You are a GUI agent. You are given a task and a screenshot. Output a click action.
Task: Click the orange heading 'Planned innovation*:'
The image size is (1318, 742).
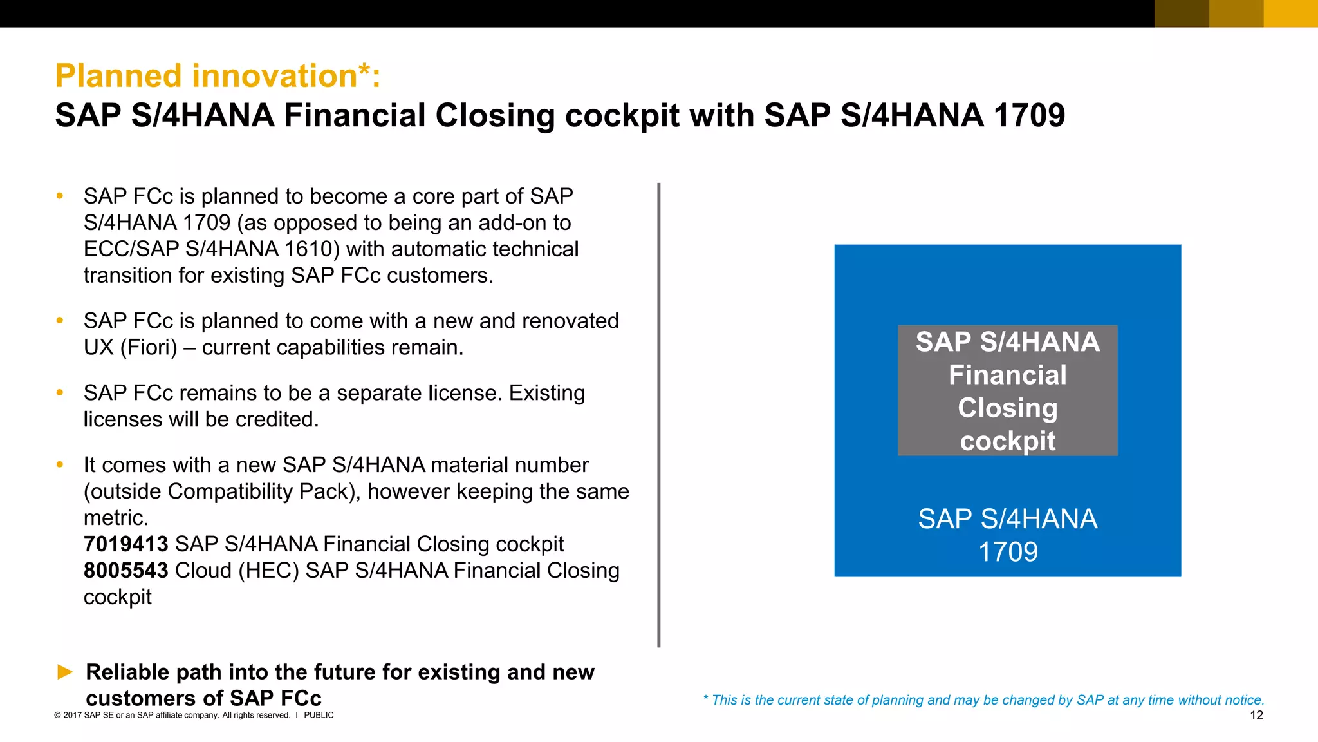tap(218, 76)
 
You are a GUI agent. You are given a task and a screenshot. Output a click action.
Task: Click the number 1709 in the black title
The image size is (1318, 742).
tap(1029, 116)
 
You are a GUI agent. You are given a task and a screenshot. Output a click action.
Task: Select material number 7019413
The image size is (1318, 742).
tap(125, 544)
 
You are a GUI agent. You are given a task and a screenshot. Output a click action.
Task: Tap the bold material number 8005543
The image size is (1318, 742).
tap(125, 571)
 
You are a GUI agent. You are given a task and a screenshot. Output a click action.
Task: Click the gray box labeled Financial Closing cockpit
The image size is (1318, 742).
tap(1007, 391)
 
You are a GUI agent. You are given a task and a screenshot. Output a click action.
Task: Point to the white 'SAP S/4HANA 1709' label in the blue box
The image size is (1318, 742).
tap(1007, 535)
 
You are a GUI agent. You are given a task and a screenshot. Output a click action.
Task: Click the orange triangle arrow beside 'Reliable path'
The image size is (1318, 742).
tap(65, 672)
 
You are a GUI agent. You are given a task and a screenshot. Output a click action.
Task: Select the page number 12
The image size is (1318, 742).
tap(1256, 716)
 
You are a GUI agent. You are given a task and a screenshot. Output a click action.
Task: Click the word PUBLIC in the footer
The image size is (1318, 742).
tap(319, 716)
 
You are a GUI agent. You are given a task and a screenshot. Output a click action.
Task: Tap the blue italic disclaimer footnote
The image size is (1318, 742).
tap(983, 700)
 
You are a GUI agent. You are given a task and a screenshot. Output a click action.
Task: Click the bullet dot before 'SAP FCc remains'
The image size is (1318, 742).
tap(60, 392)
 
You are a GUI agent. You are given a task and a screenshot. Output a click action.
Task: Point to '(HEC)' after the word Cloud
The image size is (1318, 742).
tap(268, 571)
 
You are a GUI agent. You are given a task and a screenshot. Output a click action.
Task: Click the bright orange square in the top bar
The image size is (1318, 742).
tap(1290, 14)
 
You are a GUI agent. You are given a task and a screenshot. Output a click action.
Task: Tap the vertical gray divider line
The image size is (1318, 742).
tap(658, 415)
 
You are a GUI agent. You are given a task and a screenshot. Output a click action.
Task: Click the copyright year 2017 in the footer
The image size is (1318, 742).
tap(72, 716)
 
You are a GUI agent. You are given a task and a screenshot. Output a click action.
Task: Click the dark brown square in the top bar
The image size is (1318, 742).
tap(1182, 14)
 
